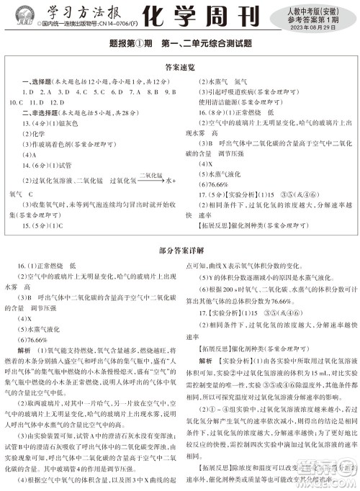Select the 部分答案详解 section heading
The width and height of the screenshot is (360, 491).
179,251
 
